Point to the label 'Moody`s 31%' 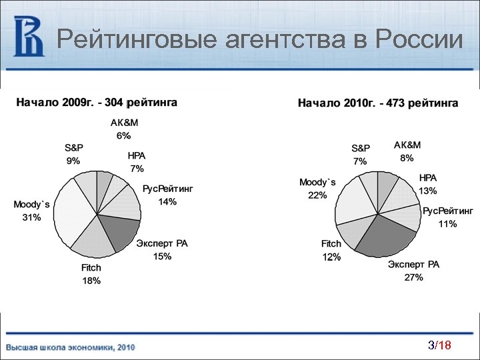(x=31, y=211)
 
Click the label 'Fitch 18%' (x=91, y=274)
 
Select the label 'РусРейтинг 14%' (x=167, y=195)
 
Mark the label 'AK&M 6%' (x=124, y=129)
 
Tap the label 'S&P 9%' (x=73, y=154)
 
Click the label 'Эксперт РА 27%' (x=413, y=271)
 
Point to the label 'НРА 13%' (x=428, y=185)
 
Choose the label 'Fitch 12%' (x=331, y=251)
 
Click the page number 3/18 (x=439, y=345)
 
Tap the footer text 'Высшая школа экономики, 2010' (x=71, y=347)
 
